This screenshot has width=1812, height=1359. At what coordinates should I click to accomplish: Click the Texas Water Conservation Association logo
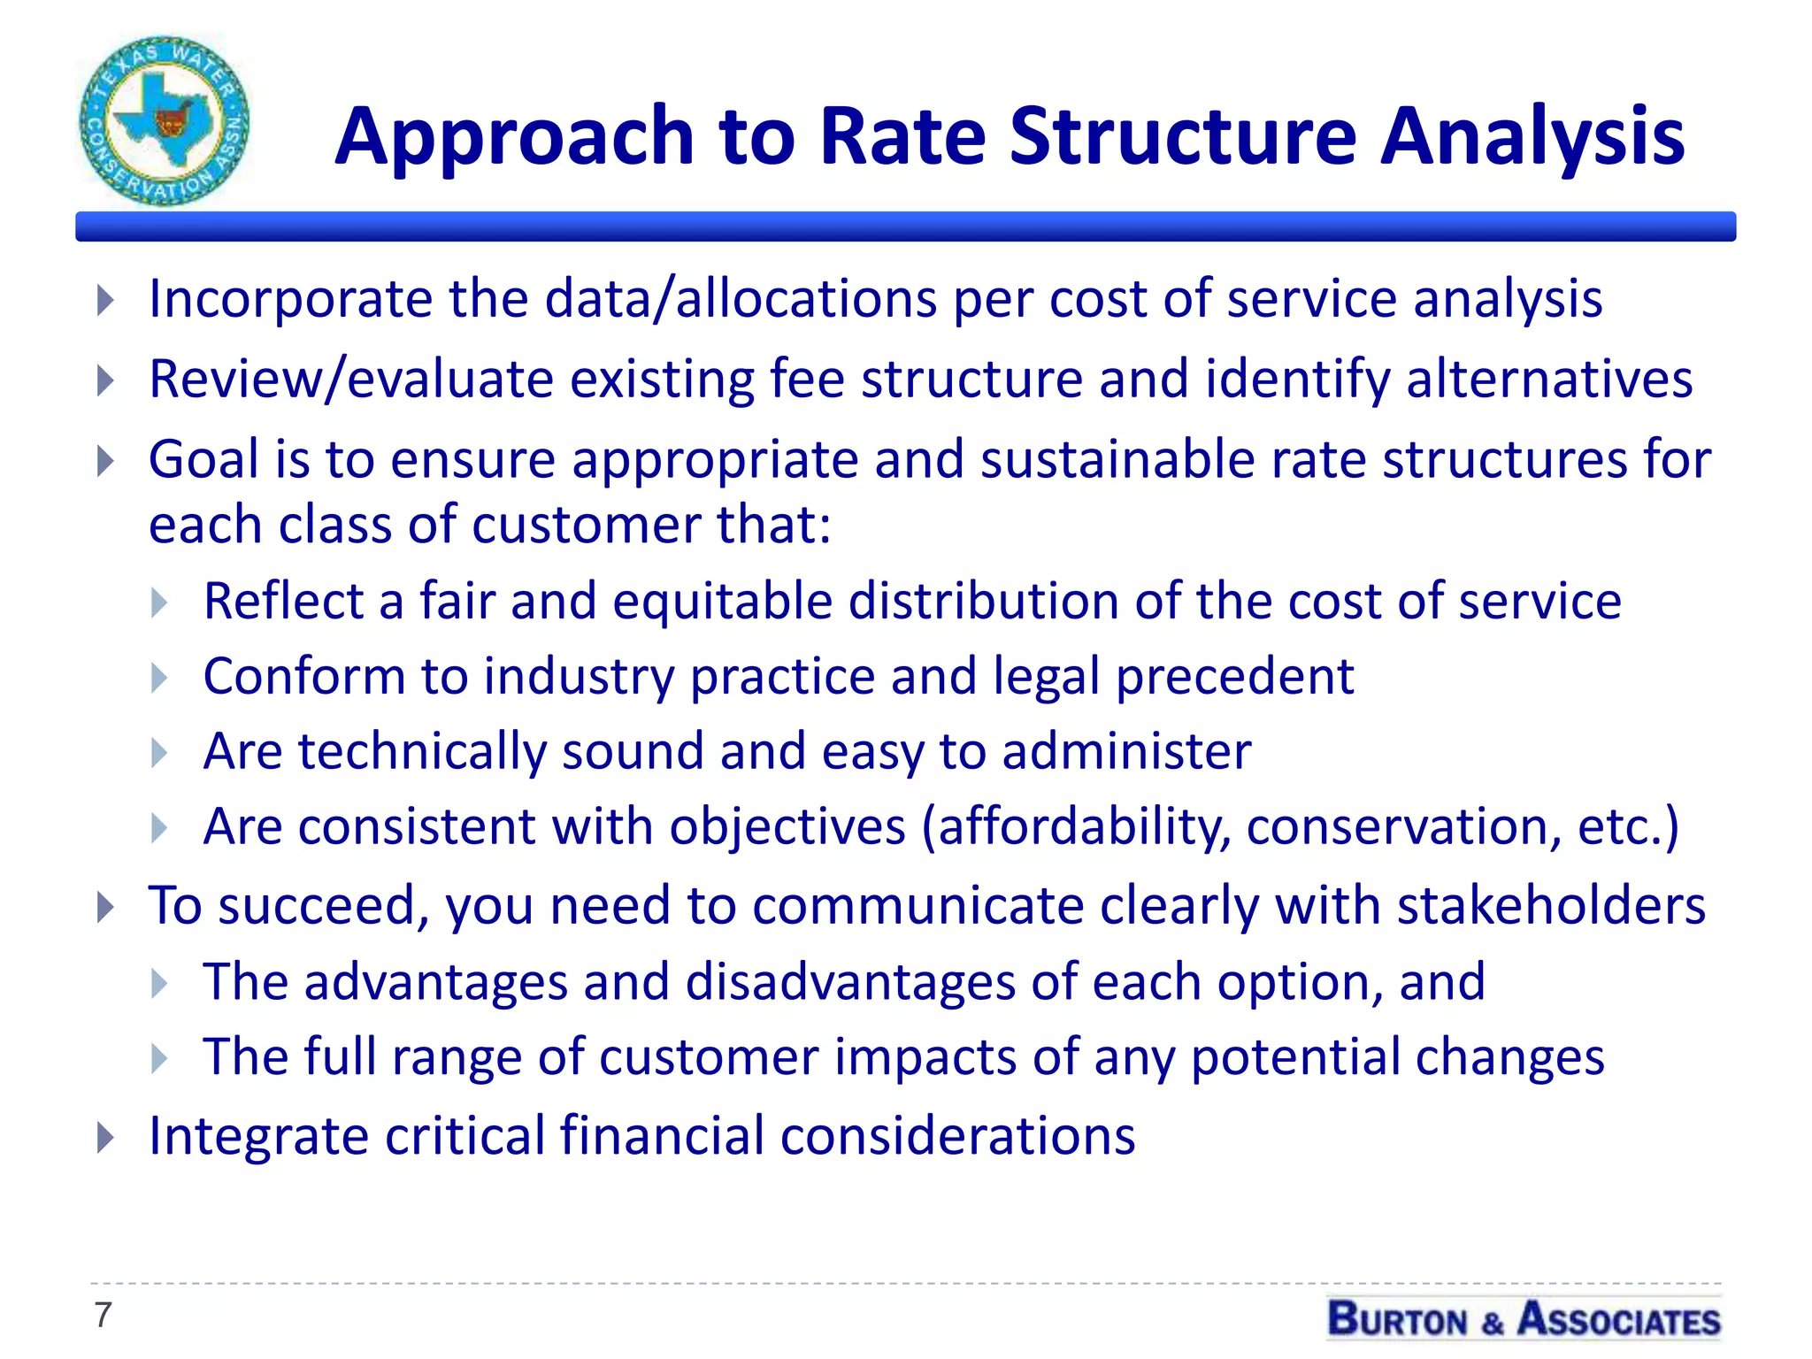pos(165,121)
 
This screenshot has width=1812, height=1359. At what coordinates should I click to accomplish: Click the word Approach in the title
pos(514,137)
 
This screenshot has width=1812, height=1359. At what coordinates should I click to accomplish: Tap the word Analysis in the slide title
pos(1532,137)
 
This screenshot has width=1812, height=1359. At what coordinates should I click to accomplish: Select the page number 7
pos(103,1315)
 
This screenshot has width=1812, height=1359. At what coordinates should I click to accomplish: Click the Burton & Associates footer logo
pos(1524,1319)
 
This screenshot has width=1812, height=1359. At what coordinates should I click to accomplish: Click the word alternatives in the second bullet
pos(1548,380)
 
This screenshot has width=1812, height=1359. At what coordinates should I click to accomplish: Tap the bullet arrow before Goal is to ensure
pos(105,461)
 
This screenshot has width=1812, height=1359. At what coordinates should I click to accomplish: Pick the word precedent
pos(1234,677)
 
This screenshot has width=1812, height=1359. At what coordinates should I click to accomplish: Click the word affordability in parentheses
pos(1083,827)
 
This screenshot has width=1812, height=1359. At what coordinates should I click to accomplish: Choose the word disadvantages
pos(850,982)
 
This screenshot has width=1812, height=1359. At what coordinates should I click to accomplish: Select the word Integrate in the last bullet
pos(258,1136)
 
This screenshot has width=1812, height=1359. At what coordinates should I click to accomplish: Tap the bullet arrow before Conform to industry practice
pos(159,679)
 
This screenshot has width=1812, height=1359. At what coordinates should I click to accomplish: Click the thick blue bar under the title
pos(905,226)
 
